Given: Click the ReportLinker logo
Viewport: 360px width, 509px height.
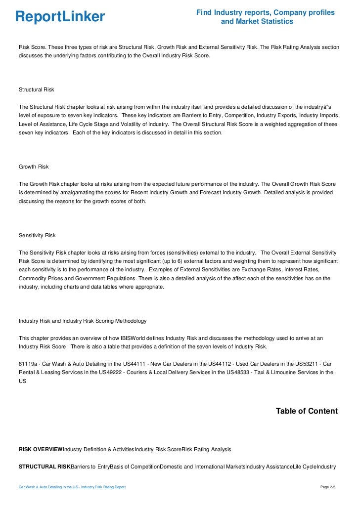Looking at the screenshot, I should pyautogui.click(x=60, y=17).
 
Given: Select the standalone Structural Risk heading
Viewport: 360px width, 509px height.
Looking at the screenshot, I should pyautogui.click(x=36, y=90).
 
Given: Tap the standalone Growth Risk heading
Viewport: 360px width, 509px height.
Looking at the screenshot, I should pyautogui.click(x=33, y=167).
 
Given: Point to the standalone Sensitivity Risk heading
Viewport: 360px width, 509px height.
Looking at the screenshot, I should pyautogui.click(x=37, y=236).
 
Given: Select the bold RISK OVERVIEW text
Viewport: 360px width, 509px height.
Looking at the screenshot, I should pyautogui.click(x=41, y=449).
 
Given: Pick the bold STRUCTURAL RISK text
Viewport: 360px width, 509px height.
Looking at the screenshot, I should pyautogui.click(x=45, y=466).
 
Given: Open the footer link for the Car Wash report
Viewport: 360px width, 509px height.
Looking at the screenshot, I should pyautogui.click(x=72, y=487).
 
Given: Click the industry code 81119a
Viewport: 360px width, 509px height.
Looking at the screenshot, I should pyautogui.click(x=28, y=364).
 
